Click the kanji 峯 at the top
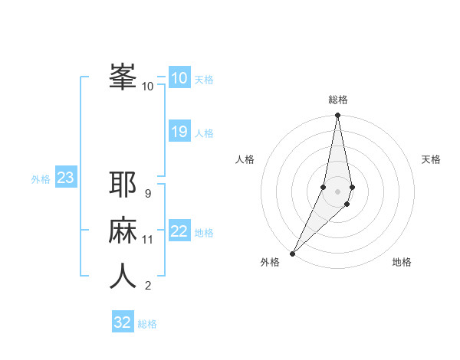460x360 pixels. (x=123, y=77)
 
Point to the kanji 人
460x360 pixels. (x=123, y=276)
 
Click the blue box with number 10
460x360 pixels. (x=179, y=77)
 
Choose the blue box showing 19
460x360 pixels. (x=179, y=132)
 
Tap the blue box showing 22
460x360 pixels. (x=179, y=231)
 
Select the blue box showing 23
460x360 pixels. (x=65, y=178)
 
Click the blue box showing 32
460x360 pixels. (x=123, y=322)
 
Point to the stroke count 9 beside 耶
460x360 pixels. (x=147, y=193)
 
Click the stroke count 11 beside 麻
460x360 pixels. (x=147, y=240)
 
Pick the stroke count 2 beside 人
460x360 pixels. (x=147, y=286)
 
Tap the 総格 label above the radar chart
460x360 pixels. (x=337, y=100)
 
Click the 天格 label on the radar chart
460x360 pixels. (x=432, y=159)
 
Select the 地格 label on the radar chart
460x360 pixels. (x=402, y=262)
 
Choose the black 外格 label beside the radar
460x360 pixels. (x=270, y=262)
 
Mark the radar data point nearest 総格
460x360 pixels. (x=337, y=116)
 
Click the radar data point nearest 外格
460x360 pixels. (x=292, y=253)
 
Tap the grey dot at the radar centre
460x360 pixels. (x=337, y=191)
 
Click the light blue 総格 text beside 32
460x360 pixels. (x=147, y=324)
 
